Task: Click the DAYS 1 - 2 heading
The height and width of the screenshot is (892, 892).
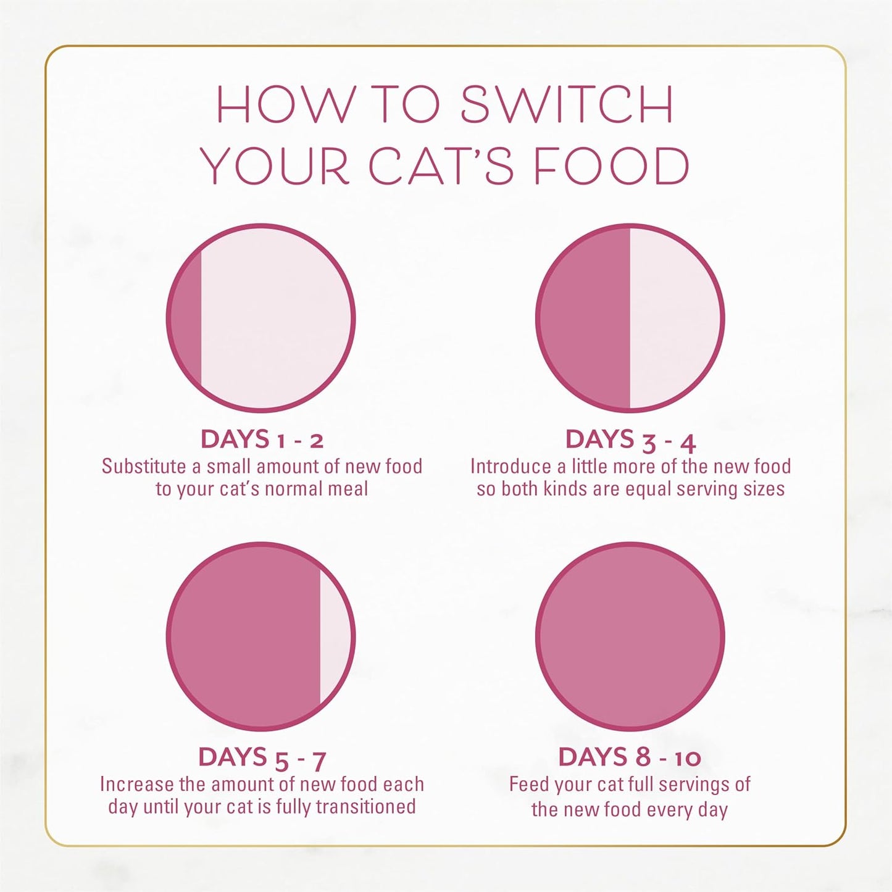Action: (x=262, y=440)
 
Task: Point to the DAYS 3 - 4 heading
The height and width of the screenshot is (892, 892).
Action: (x=630, y=440)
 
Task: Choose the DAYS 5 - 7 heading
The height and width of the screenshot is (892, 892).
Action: (x=262, y=757)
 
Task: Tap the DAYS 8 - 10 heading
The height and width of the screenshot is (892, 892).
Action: (x=630, y=757)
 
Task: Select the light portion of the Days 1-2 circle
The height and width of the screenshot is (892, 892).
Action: (x=275, y=319)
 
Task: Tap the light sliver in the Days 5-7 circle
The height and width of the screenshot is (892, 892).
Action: (x=335, y=636)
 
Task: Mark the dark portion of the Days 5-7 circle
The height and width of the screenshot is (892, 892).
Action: (x=244, y=636)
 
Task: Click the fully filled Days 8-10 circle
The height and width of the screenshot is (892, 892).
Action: (x=630, y=636)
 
